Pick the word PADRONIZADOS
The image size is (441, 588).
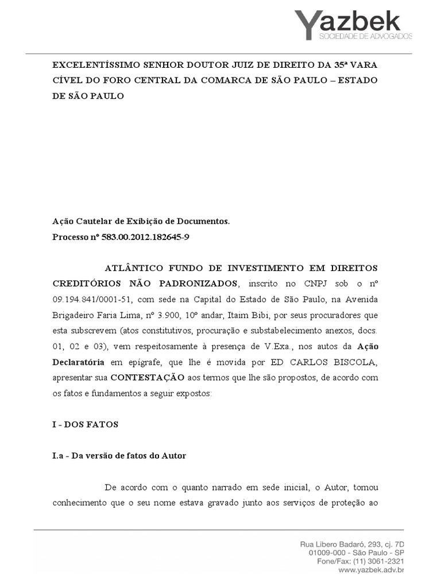coord(196,284)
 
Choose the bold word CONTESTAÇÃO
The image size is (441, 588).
coord(148,378)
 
